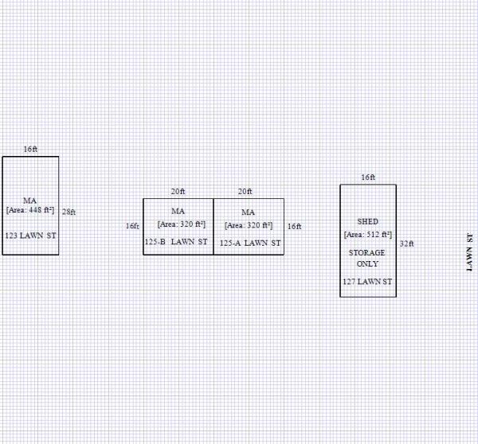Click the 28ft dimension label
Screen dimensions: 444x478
pyautogui.click(x=69, y=212)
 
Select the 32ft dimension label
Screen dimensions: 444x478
pyautogui.click(x=406, y=243)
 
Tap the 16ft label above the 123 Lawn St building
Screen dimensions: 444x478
pyautogui.click(x=30, y=150)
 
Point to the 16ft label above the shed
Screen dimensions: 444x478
pyautogui.click(x=368, y=177)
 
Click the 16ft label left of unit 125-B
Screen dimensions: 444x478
pyautogui.click(x=132, y=226)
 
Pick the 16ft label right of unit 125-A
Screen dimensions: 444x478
pyautogui.click(x=294, y=226)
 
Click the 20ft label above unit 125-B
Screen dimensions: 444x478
pyautogui.click(x=178, y=192)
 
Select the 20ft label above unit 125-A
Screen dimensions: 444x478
pyautogui.click(x=245, y=192)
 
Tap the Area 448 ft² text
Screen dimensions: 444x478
pyautogui.click(x=30, y=210)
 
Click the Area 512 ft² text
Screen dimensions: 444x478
pyautogui.click(x=368, y=235)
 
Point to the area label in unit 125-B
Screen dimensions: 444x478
pyautogui.click(x=178, y=224)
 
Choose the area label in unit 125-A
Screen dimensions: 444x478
pyautogui.click(x=248, y=224)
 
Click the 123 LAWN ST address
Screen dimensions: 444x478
pyautogui.click(x=30, y=236)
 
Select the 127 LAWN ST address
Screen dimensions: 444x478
pyautogui.click(x=368, y=282)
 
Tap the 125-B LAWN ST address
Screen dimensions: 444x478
pyautogui.click(x=176, y=243)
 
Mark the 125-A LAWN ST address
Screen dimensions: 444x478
pyautogui.click(x=250, y=243)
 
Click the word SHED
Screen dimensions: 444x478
pyautogui.click(x=368, y=221)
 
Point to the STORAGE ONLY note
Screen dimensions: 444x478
pyautogui.click(x=368, y=258)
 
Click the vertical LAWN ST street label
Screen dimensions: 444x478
pyautogui.click(x=469, y=252)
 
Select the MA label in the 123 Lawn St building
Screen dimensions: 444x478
pyautogui.click(x=30, y=200)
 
